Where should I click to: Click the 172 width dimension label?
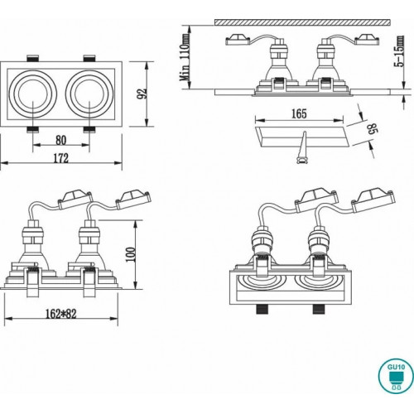(x=60, y=158)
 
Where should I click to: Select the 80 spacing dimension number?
(x=61, y=140)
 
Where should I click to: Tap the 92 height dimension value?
(x=142, y=94)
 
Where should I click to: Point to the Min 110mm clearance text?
(x=185, y=58)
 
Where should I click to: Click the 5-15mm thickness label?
(x=399, y=51)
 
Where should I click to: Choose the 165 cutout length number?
(x=299, y=113)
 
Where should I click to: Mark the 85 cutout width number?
(x=373, y=128)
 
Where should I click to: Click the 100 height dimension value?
(x=131, y=254)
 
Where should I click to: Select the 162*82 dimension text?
(x=60, y=314)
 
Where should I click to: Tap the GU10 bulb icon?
(x=396, y=377)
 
